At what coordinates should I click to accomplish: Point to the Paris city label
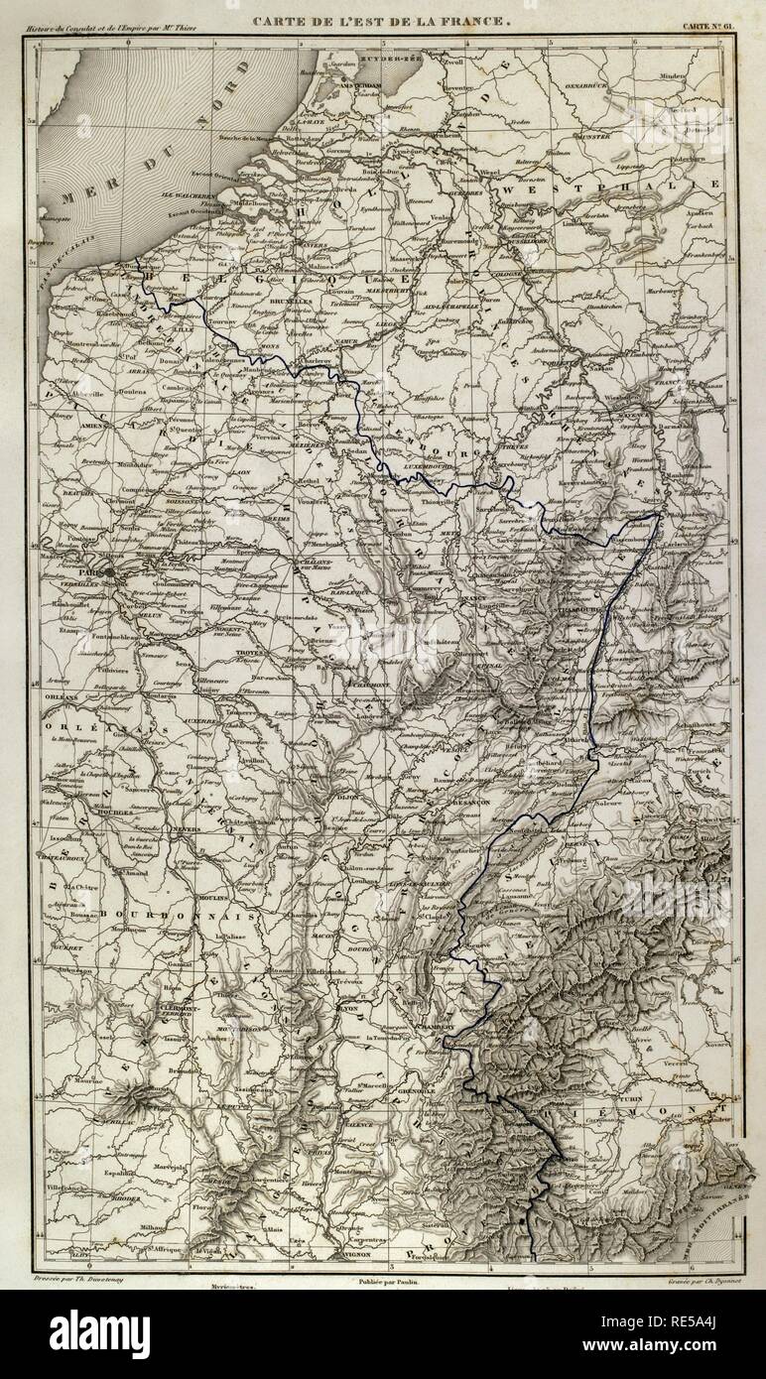93,572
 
